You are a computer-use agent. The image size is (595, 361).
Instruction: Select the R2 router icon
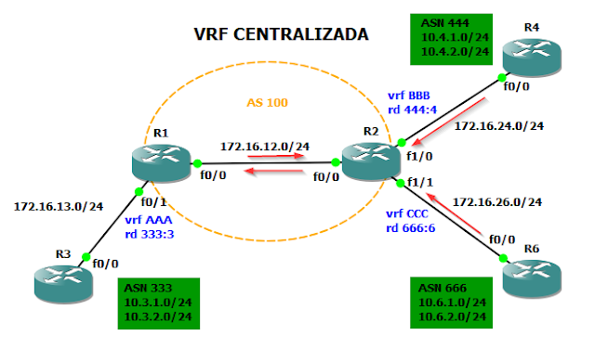pos(370,163)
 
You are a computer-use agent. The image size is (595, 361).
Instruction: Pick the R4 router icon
pos(532,54)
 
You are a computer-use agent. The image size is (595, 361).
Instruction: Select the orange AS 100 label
pos(268,101)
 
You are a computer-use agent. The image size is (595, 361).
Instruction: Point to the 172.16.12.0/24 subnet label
pos(265,146)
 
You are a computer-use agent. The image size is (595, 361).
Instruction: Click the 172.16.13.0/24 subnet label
pos(58,205)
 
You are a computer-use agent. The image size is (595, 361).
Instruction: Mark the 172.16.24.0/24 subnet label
pos(499,124)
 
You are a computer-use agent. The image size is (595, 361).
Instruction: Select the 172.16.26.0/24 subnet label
pos(497,200)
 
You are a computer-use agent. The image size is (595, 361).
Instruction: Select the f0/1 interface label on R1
pos(152,200)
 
